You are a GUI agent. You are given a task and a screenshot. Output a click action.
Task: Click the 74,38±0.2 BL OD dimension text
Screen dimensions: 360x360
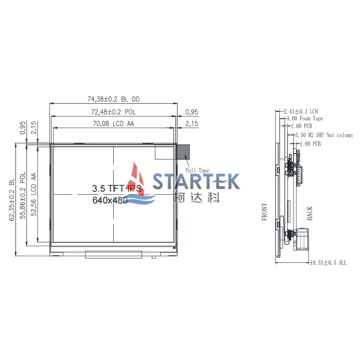(x=113, y=99)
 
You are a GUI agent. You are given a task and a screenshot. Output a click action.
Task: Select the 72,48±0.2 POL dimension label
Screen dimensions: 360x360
(x=113, y=112)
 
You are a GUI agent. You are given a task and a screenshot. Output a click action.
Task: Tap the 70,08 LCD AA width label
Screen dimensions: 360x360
(x=113, y=124)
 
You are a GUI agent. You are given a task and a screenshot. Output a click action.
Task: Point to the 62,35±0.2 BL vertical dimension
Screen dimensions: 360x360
(x=12, y=199)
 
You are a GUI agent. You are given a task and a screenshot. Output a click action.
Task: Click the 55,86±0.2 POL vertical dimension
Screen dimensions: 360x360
(x=23, y=195)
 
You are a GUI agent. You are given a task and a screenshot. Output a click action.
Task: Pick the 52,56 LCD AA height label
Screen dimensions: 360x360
(x=34, y=194)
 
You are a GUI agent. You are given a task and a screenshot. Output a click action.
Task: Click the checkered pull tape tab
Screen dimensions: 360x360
(x=183, y=152)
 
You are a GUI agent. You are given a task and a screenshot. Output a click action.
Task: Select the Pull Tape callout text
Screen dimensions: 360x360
(x=197, y=171)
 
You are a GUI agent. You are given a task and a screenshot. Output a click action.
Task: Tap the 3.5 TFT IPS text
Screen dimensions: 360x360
(x=117, y=189)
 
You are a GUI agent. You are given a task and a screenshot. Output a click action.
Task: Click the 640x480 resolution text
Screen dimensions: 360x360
(x=110, y=200)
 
